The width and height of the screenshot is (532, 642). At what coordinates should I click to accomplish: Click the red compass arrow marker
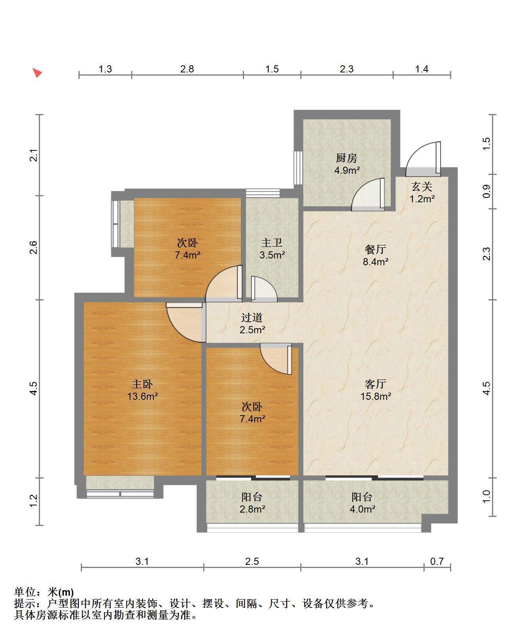click(37, 72)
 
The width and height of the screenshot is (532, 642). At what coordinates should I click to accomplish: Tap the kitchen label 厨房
click(347, 158)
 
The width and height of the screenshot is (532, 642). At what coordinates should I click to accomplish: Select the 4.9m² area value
click(347, 170)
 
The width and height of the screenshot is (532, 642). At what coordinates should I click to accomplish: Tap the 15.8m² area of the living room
click(376, 396)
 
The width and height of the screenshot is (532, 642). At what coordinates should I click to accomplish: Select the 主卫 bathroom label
click(272, 243)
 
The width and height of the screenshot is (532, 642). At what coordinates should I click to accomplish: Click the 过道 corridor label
click(252, 317)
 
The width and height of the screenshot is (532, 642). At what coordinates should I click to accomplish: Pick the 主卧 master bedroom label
click(142, 384)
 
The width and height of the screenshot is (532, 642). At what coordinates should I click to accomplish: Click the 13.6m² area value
click(143, 396)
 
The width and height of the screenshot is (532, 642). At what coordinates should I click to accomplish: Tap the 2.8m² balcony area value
click(252, 509)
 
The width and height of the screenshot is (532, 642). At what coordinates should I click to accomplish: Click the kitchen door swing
click(368, 194)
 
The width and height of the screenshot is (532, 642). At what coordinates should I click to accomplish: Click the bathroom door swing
click(264, 289)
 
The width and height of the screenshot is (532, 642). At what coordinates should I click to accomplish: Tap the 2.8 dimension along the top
click(187, 69)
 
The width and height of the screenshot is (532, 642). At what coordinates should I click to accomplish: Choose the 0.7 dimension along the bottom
click(437, 561)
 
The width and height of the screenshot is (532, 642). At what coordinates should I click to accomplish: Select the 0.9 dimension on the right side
click(487, 192)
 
